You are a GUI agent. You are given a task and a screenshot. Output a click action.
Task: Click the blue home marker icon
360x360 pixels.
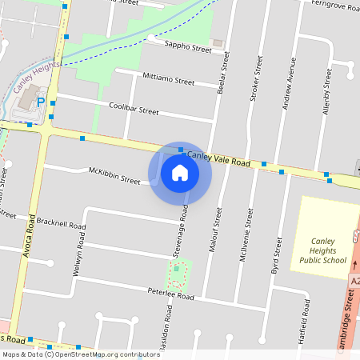[x=180, y=173]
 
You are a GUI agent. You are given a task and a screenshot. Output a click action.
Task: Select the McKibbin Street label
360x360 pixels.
[x=114, y=175]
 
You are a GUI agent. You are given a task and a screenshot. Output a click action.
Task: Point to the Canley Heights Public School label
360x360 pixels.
[x=322, y=249]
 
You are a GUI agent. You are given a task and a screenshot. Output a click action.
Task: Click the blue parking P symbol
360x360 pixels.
[x=42, y=103]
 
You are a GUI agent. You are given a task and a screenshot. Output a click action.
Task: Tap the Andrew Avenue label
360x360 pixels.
[x=293, y=89]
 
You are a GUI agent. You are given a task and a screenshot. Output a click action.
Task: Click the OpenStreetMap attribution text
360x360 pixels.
[x=80, y=354]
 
